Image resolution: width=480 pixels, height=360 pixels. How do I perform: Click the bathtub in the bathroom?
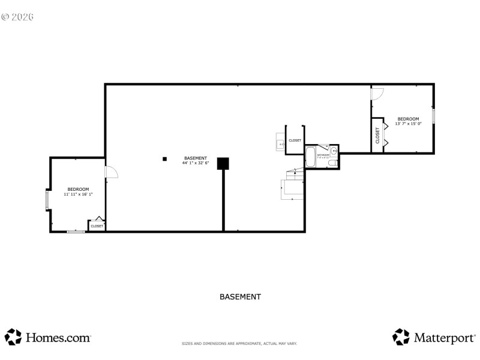310,157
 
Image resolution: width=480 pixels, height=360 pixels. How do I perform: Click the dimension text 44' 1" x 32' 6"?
196,163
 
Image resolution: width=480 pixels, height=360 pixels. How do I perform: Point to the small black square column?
164,158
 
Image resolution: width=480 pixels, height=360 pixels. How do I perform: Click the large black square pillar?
223,163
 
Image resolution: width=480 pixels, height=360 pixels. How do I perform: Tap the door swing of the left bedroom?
112,172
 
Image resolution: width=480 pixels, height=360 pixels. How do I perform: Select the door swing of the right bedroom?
377,93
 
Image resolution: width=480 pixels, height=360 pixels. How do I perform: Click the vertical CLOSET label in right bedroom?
377,135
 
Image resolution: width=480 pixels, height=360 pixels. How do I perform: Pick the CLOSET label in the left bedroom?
97,226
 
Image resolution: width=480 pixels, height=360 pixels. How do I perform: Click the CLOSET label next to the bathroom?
295,140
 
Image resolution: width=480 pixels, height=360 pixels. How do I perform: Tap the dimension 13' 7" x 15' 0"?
408,124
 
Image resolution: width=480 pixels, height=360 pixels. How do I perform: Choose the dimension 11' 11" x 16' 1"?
78,194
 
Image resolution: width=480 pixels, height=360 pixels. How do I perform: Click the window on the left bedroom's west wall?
47,200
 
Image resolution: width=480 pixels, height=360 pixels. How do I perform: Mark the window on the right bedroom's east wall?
433,116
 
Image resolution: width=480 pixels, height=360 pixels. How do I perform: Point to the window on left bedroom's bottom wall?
76,231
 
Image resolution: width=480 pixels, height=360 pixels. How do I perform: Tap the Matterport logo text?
443,338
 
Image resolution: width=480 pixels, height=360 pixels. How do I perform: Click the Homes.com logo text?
58,338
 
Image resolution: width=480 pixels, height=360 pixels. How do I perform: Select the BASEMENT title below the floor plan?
240,296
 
